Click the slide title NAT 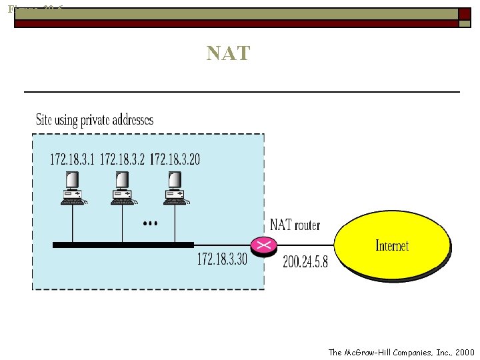[x=228, y=53]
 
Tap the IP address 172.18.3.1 [x=73, y=159]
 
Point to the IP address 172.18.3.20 [x=175, y=159]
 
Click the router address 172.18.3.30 [x=221, y=259]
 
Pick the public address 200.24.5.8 [x=305, y=263]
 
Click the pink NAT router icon [x=264, y=245]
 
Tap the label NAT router [x=295, y=225]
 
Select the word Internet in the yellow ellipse [x=392, y=245]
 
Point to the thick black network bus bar [x=123, y=245]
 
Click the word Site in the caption [x=43, y=120]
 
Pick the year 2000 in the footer [x=465, y=352]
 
